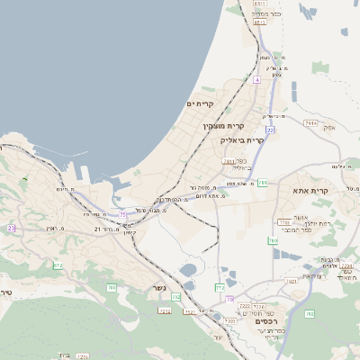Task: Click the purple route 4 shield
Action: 256,80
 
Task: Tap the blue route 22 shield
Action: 269,130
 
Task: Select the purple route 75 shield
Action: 122,214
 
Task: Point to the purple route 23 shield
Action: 12,229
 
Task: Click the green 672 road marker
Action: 58,265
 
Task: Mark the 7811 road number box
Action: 229,161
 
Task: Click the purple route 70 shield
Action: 230,299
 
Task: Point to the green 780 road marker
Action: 310,313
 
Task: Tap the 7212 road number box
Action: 165,310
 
